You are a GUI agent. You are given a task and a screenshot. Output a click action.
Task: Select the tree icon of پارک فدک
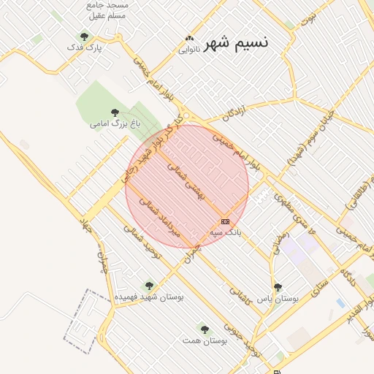pos(84,36)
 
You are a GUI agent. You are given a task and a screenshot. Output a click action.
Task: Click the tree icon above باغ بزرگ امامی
pos(115,112)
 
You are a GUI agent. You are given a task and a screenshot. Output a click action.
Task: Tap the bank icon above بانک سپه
pos(225,221)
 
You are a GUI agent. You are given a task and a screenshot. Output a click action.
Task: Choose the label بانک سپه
pos(225,232)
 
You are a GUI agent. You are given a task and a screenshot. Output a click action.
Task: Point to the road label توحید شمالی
pos(142,242)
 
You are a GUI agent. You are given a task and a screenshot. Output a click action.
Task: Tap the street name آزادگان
pos(232,113)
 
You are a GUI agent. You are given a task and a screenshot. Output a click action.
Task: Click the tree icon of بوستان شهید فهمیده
pos(149,286)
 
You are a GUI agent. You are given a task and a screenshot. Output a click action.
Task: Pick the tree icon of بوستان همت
pos(205,329)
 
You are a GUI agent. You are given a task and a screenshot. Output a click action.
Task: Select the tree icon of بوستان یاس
pos(278,287)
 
